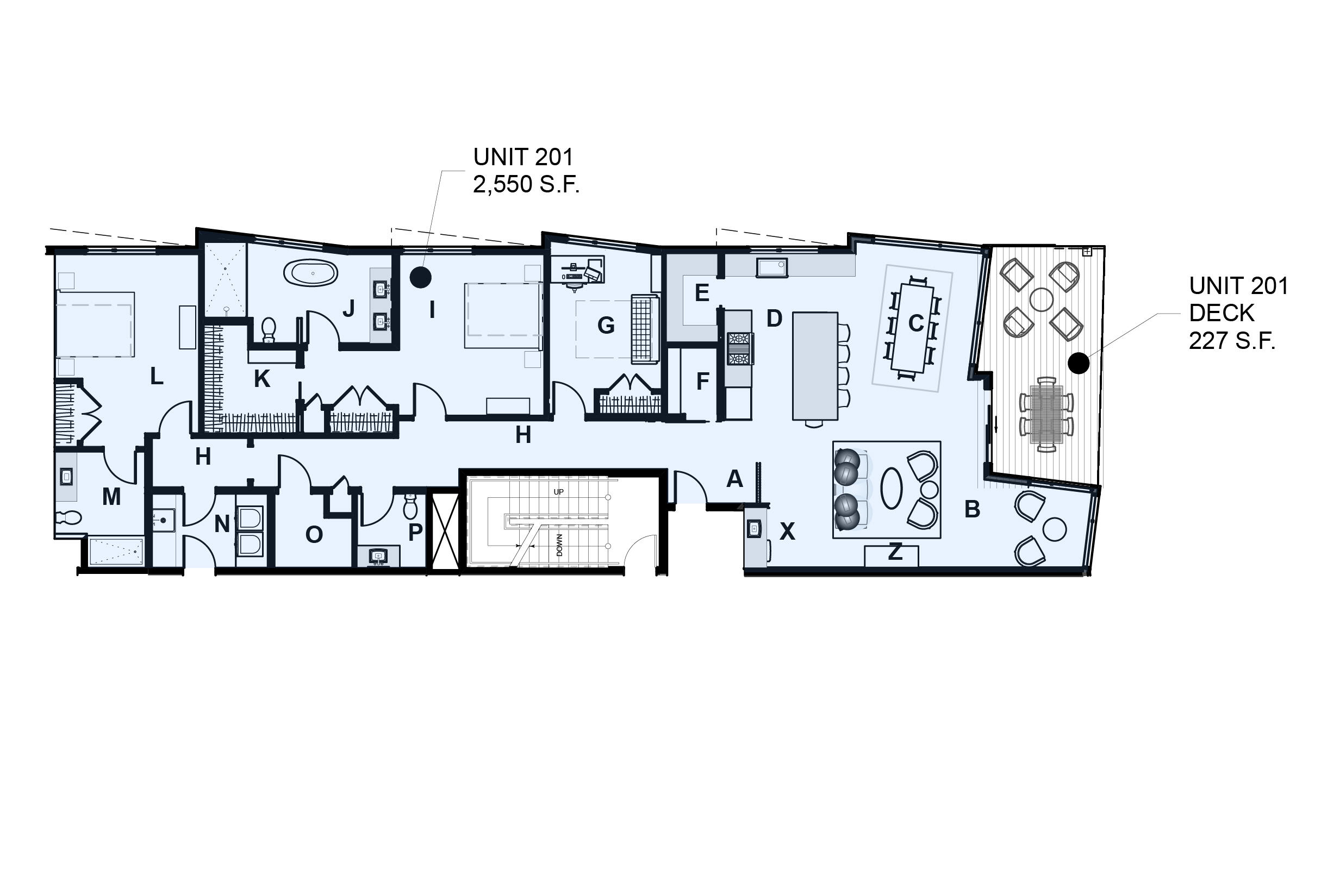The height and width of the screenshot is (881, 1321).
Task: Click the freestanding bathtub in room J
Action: tap(311, 273)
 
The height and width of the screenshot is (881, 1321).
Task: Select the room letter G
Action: tap(606, 326)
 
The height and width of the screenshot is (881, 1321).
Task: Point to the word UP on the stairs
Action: tap(558, 492)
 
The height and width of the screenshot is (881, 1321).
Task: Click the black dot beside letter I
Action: tap(420, 277)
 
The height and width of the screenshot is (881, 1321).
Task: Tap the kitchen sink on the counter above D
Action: tap(771, 267)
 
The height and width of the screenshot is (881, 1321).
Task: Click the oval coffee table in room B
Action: tap(891, 488)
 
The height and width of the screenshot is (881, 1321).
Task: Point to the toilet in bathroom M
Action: tap(68, 516)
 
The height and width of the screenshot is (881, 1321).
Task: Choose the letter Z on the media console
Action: tap(895, 552)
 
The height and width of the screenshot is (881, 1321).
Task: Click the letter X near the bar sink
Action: tap(787, 531)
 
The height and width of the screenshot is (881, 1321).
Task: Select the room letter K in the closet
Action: tap(262, 379)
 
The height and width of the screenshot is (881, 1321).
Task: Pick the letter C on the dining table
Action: tap(916, 323)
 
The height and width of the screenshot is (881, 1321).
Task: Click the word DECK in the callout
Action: tap(1222, 313)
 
